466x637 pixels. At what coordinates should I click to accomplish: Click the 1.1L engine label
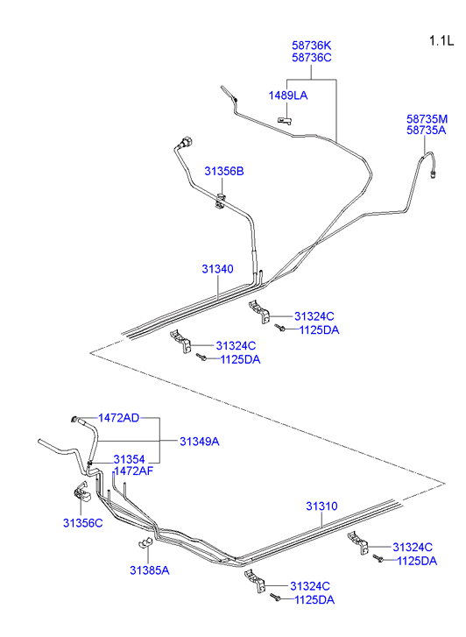[x=441, y=41]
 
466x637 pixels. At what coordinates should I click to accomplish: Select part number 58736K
[x=312, y=46]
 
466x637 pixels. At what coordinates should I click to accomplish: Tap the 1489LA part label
[x=288, y=96]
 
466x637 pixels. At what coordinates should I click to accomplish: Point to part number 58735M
[x=427, y=119]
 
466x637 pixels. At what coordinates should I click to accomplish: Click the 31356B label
[x=224, y=172]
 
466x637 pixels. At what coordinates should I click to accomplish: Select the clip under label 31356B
[x=220, y=202]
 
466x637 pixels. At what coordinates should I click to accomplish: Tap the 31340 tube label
[x=218, y=269]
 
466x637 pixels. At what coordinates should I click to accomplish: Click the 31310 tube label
[x=321, y=506]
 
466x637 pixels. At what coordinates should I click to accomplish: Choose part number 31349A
[x=200, y=442]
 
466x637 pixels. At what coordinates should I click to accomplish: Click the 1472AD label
[x=118, y=418]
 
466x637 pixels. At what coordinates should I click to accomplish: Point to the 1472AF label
[x=134, y=471]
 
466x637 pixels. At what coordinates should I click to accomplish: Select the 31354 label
[x=129, y=459]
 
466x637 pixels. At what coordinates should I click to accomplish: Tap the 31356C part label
[x=83, y=523]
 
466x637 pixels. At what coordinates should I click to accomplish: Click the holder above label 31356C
[x=82, y=492]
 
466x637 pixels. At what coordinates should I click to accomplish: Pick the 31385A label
[x=150, y=570]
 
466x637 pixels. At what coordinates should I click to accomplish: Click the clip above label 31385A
[x=145, y=542]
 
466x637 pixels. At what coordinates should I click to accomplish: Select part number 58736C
[x=312, y=58]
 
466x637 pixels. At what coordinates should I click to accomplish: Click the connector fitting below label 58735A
[x=433, y=174]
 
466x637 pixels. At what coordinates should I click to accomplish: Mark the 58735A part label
[x=427, y=131]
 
